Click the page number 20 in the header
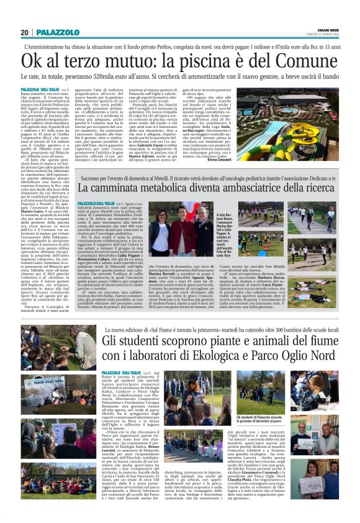pyautogui.click(x=24, y=32)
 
